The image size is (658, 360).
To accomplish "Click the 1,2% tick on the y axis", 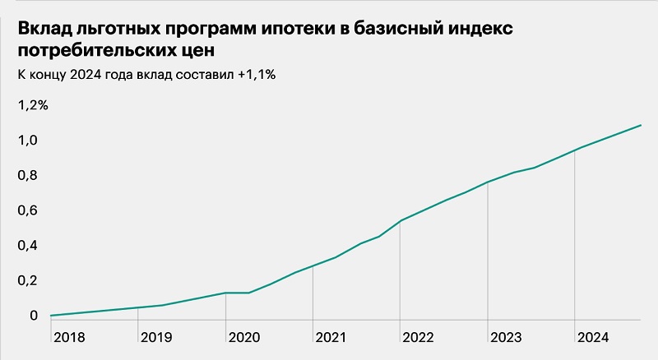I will pos(33,105).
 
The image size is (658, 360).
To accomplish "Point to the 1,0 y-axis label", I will pos(28,141).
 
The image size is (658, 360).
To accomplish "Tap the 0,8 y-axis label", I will pos(28,176).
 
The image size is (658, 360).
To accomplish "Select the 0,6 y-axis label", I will pos(28,210).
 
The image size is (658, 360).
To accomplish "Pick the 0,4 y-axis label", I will pos(28,246).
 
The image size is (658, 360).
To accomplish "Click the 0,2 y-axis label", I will pos(28,280).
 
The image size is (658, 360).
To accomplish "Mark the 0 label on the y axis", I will pos(34,316).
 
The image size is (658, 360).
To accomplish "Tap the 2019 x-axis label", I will pos(155,337).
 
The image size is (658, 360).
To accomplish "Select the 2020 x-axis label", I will pos(243,337).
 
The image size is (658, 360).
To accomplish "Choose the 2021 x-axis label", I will pos(331,337).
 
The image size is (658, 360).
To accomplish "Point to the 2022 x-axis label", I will pos(418,337).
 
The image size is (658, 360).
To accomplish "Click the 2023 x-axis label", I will pos(506,337).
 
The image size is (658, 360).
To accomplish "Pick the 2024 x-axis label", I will pos(593,337).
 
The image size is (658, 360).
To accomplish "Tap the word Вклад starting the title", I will pos(45,30).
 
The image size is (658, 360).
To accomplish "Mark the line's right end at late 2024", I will pos(641,125).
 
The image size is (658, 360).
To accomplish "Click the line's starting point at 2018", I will pos(51,316).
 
